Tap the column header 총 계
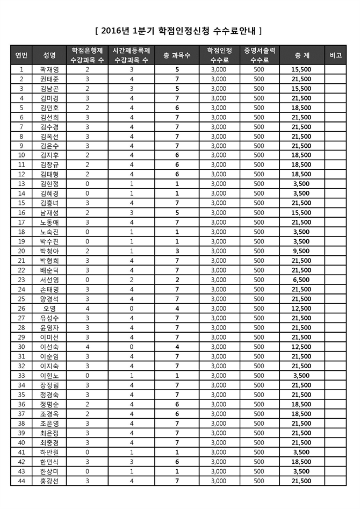pos(301,55)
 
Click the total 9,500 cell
pos(301,251)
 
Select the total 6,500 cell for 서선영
pos(301,279)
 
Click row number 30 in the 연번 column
pos(21,347)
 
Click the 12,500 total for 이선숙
pos(301,347)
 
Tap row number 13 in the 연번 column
pos(21,184)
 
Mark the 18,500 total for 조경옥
pos(301,414)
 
